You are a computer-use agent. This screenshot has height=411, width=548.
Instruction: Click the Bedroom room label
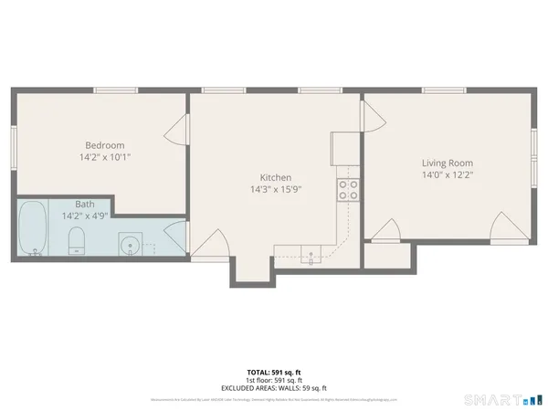tap(105, 145)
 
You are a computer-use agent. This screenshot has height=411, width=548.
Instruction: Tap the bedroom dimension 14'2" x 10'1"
tap(105, 157)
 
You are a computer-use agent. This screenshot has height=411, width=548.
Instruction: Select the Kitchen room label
tap(275, 177)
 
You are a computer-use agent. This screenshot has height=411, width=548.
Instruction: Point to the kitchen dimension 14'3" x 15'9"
tap(275, 190)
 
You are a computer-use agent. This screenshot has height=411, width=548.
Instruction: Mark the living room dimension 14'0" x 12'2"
tap(448, 174)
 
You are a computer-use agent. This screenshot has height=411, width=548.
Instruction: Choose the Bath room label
tap(84, 205)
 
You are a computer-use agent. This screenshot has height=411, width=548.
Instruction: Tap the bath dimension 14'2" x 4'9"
tap(84, 216)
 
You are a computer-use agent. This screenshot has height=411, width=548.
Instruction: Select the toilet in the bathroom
tap(77, 241)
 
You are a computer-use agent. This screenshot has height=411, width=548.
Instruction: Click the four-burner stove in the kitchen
tap(348, 188)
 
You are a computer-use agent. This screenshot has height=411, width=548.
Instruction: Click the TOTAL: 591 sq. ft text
tap(273, 373)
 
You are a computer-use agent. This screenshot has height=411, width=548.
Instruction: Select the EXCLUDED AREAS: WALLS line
tap(273, 387)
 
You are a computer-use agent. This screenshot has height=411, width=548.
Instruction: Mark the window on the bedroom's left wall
tap(13, 146)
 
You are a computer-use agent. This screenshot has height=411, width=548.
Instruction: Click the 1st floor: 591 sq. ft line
tap(273, 380)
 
